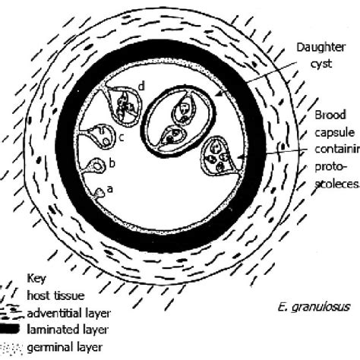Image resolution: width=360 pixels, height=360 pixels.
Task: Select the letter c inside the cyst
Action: [x=121, y=137]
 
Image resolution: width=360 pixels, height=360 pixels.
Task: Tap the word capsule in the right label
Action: [x=333, y=133]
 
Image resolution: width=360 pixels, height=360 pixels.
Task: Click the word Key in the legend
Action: [x=36, y=278]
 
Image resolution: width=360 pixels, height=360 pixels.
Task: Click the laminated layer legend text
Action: [x=67, y=329]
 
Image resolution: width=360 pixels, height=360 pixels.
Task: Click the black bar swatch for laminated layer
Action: [x=12, y=329]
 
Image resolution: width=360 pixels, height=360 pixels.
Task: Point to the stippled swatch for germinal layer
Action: [x=13, y=346]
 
